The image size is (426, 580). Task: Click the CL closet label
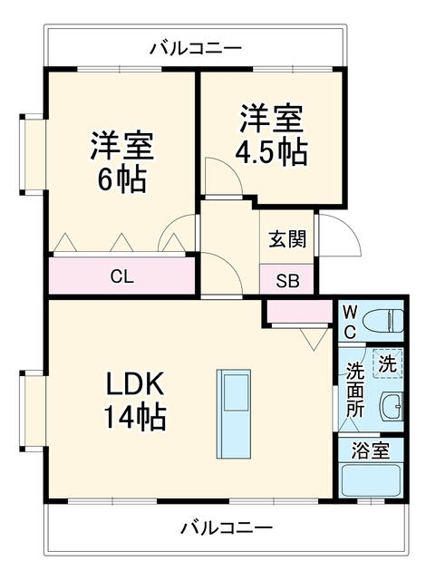coord(122,276)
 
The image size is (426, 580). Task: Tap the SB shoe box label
coord(287,281)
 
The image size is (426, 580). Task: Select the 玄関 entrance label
coord(287,239)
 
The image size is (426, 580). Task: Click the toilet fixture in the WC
coord(382,321)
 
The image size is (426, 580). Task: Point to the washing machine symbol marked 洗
coord(387,363)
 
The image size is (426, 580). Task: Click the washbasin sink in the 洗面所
coord(392,406)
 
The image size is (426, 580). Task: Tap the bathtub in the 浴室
coord(371,480)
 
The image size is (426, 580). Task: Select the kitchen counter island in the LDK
coord(233,413)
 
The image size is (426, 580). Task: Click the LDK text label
coord(135,384)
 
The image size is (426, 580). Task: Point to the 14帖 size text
coord(135,417)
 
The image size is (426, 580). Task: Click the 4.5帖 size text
coord(272,152)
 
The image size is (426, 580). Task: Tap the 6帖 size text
coord(121,179)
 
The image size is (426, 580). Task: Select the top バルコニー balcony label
coord(196,48)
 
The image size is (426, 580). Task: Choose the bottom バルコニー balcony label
coord(227,527)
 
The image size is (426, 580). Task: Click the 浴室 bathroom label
coord(371,450)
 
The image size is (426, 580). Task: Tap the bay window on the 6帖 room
coord(34,154)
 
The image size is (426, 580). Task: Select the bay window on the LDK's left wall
coord(34,411)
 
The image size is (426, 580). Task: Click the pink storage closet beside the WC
coord(299,312)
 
